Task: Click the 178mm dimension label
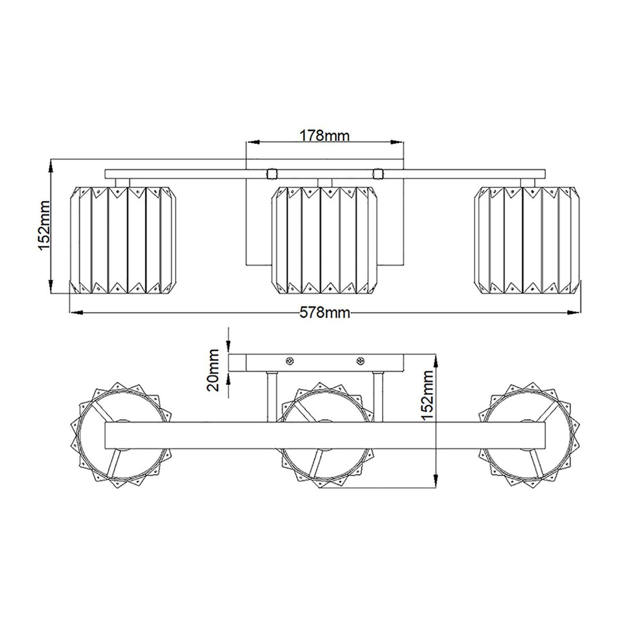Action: [x=324, y=135]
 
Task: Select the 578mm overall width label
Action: [x=324, y=313]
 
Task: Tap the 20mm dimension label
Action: [x=214, y=370]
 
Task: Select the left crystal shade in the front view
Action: [x=123, y=240]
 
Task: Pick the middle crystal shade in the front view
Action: [x=325, y=240]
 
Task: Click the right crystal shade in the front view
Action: [x=527, y=240]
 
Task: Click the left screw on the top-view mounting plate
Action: [x=290, y=361]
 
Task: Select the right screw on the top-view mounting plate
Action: [x=360, y=361]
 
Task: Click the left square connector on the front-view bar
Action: [x=272, y=174]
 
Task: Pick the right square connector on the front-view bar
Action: [x=378, y=174]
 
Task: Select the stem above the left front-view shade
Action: [x=123, y=182]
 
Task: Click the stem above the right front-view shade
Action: [x=527, y=182]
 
